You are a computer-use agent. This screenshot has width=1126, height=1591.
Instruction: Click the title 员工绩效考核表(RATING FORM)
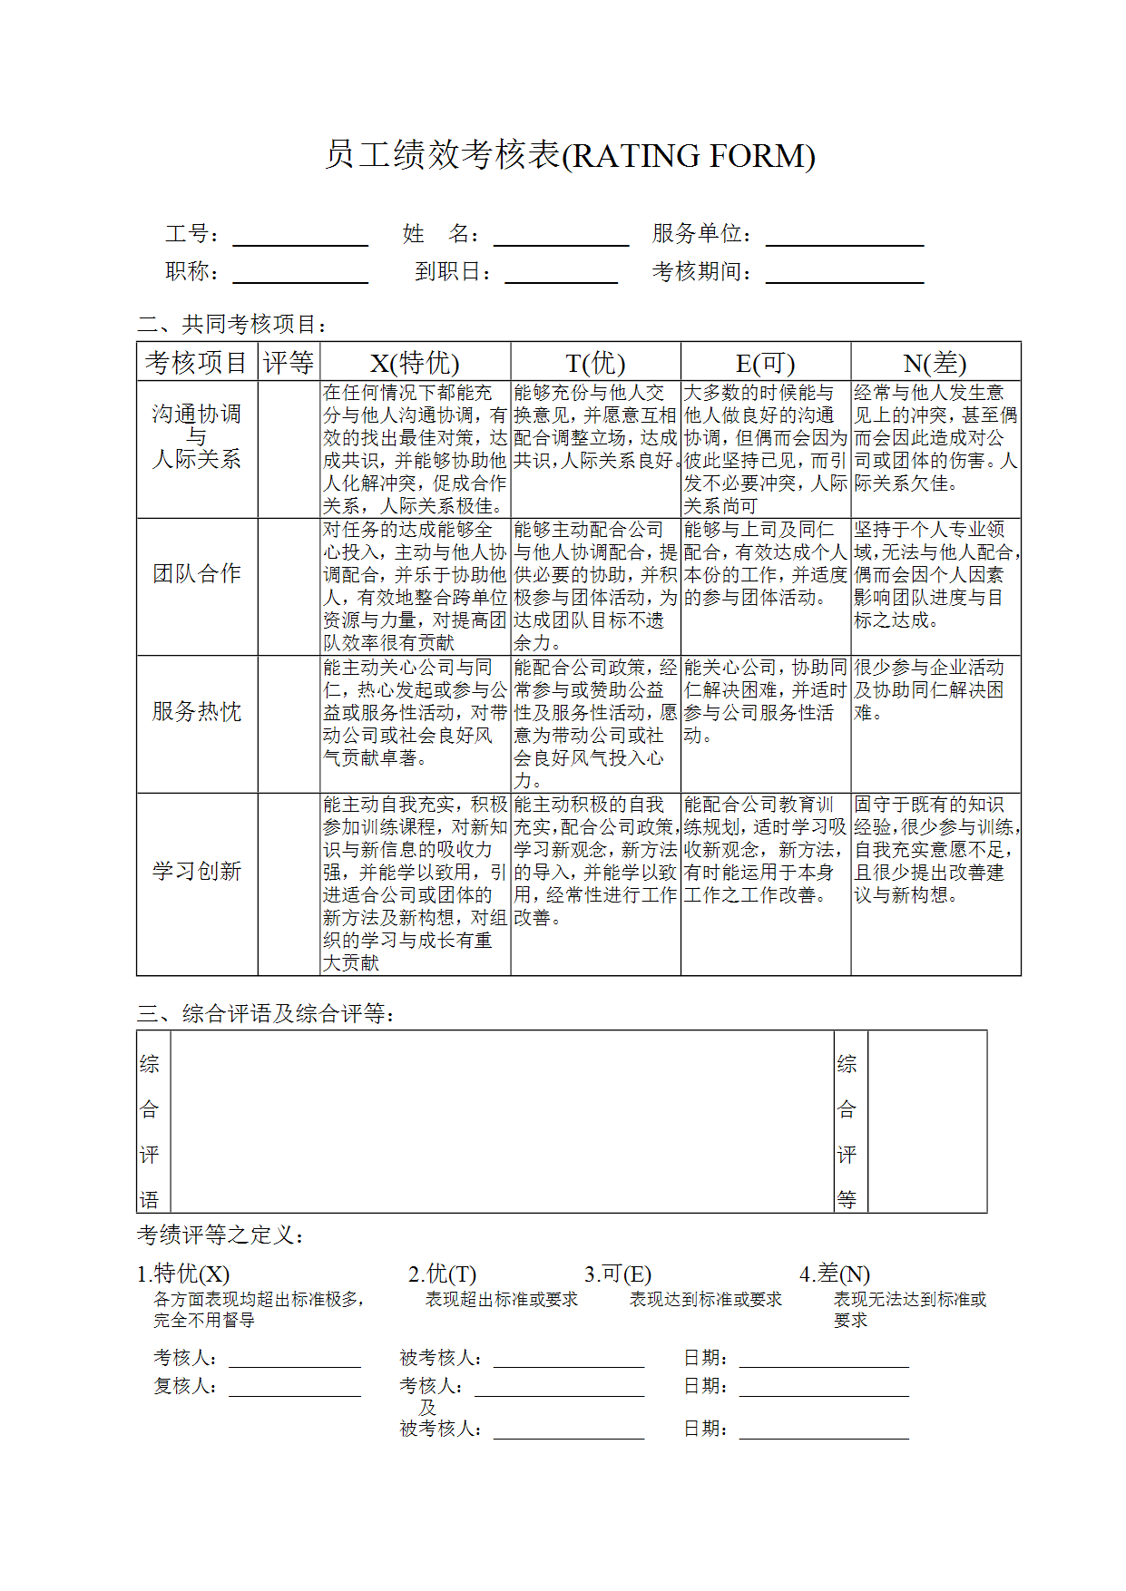point(570,156)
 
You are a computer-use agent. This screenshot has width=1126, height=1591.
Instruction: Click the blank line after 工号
point(300,241)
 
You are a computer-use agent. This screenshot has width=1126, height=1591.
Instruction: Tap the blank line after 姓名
point(561,241)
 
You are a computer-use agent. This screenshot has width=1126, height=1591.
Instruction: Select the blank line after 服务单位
point(845,241)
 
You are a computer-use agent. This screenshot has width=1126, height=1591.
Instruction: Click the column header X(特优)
point(415,363)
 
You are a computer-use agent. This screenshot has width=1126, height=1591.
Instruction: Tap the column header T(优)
point(595,363)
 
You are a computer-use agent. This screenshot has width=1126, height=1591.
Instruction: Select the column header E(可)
point(765,363)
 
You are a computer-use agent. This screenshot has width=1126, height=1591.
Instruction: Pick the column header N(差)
point(935,363)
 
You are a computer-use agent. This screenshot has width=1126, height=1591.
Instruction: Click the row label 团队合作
point(197,574)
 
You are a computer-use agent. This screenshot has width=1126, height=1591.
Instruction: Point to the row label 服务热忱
point(197,712)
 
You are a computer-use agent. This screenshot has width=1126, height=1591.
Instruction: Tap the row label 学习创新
point(197,872)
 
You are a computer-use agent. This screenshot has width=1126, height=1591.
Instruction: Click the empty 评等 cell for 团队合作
point(289,587)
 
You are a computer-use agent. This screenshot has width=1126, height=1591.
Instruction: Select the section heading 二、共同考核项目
point(232,325)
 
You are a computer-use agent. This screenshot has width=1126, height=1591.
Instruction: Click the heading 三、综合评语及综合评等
point(266,1014)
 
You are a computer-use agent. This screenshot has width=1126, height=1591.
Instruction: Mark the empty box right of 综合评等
point(926,1121)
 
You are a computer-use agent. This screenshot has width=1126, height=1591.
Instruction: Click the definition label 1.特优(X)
point(183,1274)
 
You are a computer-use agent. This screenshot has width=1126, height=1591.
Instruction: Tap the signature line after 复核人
point(295,1392)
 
